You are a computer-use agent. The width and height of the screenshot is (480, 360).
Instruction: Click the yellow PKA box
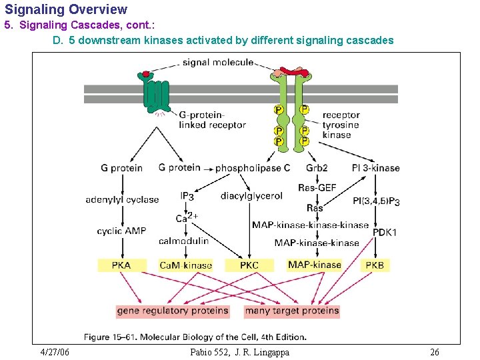tap(121, 265)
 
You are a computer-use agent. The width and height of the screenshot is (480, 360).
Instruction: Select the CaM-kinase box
tap(185, 265)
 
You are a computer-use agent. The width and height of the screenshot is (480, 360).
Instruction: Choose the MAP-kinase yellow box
tap(314, 265)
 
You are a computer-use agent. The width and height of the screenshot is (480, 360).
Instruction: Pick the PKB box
tap(375, 265)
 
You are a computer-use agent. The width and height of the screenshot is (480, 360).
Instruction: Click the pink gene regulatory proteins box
tap(173, 311)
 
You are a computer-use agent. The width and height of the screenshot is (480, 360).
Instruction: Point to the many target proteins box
tap(292, 311)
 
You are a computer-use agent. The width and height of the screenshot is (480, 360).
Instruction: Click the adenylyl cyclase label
tap(122, 199)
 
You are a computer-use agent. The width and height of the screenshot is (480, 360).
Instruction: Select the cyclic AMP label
tap(121, 231)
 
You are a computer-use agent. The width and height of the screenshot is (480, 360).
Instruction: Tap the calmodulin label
tap(184, 241)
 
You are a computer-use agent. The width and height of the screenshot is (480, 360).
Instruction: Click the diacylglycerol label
tap(251, 196)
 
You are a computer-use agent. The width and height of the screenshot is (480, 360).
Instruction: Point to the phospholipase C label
tap(253, 168)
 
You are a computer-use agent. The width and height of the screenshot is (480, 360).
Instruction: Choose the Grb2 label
tap(317, 168)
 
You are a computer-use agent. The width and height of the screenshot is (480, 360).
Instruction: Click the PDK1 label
tap(384, 232)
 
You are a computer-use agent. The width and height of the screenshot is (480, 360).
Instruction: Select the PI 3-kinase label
tap(375, 168)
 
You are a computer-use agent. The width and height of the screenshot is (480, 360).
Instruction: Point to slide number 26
tap(435, 352)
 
